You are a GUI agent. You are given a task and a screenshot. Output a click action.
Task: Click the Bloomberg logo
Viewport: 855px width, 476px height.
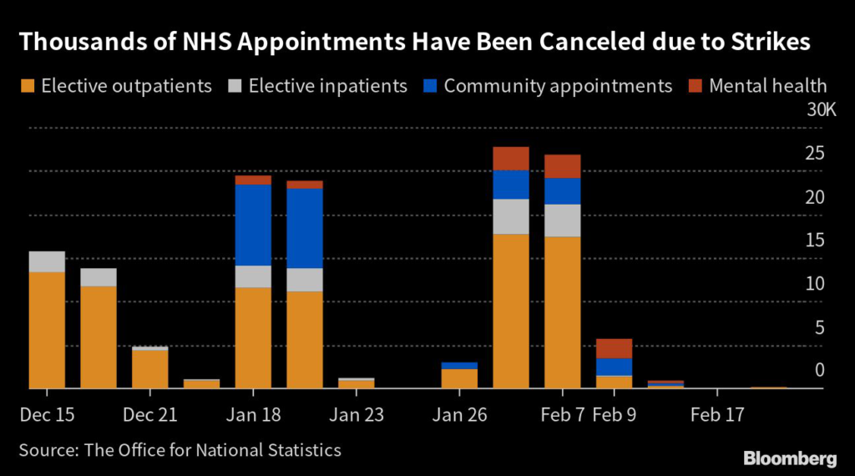(x=790, y=458)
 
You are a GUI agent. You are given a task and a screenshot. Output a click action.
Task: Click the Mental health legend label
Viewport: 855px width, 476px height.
(x=768, y=86)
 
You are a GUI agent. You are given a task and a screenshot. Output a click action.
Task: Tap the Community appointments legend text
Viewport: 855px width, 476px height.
(x=558, y=86)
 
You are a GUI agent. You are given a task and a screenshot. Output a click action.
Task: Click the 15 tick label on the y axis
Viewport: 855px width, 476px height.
(x=814, y=241)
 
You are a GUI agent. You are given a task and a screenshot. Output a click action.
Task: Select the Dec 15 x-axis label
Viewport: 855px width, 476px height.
(x=46, y=414)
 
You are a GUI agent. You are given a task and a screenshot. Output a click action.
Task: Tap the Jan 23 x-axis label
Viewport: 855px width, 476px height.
(x=356, y=414)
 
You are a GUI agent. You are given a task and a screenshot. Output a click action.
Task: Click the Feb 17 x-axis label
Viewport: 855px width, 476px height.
(x=717, y=414)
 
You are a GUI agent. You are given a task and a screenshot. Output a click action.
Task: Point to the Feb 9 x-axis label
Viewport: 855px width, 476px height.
(x=614, y=414)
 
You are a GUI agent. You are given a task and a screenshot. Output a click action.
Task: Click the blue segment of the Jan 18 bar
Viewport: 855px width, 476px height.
(x=253, y=225)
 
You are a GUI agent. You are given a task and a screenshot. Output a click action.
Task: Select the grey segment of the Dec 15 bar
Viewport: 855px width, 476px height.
(x=47, y=261)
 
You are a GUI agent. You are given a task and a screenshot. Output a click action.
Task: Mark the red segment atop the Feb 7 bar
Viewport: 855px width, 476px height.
(x=562, y=166)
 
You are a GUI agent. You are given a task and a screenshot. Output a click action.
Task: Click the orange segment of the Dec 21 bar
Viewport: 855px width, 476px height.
(x=149, y=368)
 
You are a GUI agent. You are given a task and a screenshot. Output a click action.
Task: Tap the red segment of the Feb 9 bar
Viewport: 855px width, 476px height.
(x=614, y=348)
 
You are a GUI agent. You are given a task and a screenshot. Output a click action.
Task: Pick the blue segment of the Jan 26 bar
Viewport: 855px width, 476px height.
(x=459, y=366)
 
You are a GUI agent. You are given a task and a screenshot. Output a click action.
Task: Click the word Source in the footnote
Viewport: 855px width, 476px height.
(x=47, y=450)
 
